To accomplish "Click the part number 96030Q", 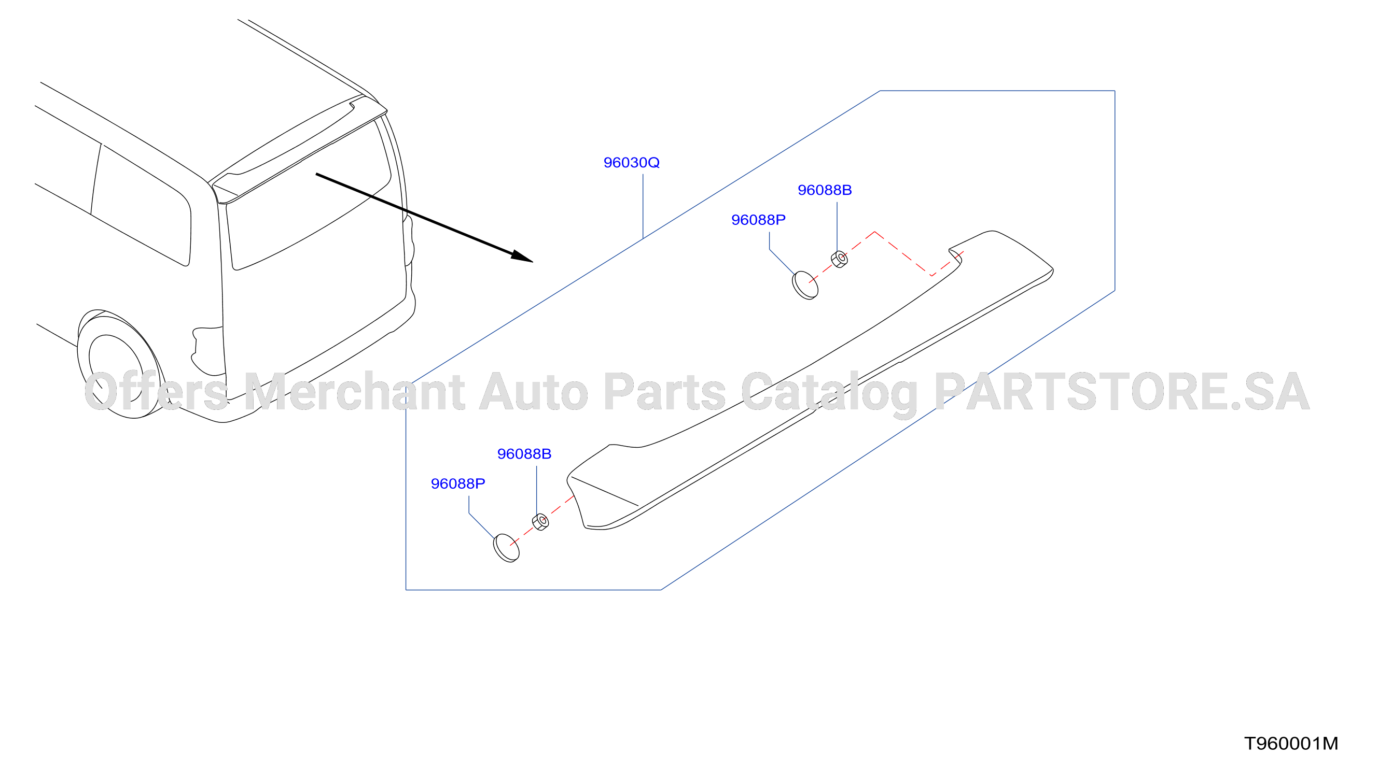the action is coord(631,163).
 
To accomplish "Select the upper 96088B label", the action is coord(825,190).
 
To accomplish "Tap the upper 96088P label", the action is coord(758,220).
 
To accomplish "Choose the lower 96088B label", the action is coord(524,454).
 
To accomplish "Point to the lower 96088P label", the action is coord(458,484).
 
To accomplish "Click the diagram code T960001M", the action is coord(1291,744).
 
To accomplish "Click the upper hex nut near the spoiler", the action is coord(839,259).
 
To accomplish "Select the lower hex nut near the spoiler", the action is coord(540,522).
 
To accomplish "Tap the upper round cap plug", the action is coord(805,285).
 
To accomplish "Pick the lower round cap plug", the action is coord(506,548).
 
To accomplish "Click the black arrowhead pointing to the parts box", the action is coord(523,257).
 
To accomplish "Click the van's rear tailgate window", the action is coord(308,194).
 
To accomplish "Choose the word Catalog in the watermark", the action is coord(829,394).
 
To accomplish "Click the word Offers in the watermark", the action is coord(156,392).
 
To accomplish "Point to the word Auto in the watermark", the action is coord(534,392).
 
